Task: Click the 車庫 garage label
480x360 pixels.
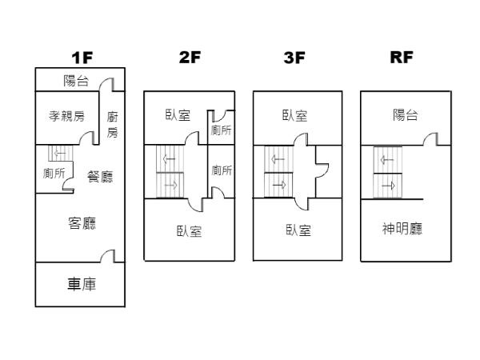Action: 80,284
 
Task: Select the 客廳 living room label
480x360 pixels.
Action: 82,223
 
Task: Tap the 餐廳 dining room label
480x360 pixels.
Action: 100,177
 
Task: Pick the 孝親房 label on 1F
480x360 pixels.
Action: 66,116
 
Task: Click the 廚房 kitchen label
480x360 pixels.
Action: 113,124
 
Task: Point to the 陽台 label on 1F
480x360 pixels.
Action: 76,80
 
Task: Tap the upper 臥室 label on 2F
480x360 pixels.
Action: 177,114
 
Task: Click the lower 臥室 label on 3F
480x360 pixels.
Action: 298,230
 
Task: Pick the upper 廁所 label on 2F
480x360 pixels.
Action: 222,130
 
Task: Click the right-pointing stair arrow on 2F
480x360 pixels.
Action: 170,186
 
